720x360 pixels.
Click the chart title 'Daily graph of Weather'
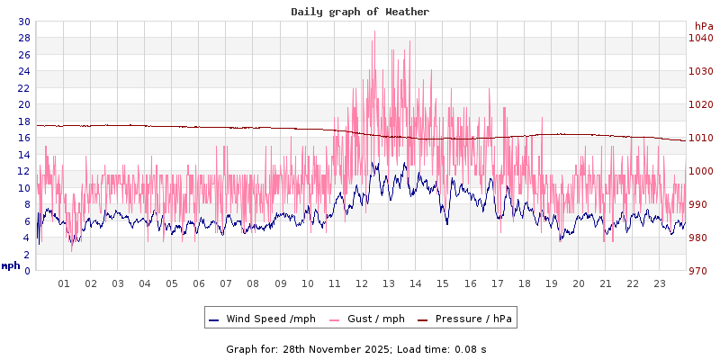pos(359,12)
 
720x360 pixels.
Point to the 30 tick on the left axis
pos(23,22)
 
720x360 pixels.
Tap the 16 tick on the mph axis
pos(23,138)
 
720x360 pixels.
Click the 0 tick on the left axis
pos(27,271)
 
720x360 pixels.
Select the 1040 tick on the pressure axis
pos(700,38)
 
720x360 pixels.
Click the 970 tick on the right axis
pos(700,271)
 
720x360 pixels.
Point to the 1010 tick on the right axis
pos(700,138)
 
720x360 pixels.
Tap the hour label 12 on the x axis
pos(362,283)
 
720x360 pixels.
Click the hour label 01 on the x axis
pos(64,283)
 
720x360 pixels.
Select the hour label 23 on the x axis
pos(660,283)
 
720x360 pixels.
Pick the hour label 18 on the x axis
pos(525,283)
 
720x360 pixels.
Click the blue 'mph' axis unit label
pos(11,266)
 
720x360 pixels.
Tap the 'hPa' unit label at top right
pos(704,26)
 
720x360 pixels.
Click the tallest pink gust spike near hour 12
pos(374,32)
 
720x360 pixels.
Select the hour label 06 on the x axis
pos(199,283)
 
